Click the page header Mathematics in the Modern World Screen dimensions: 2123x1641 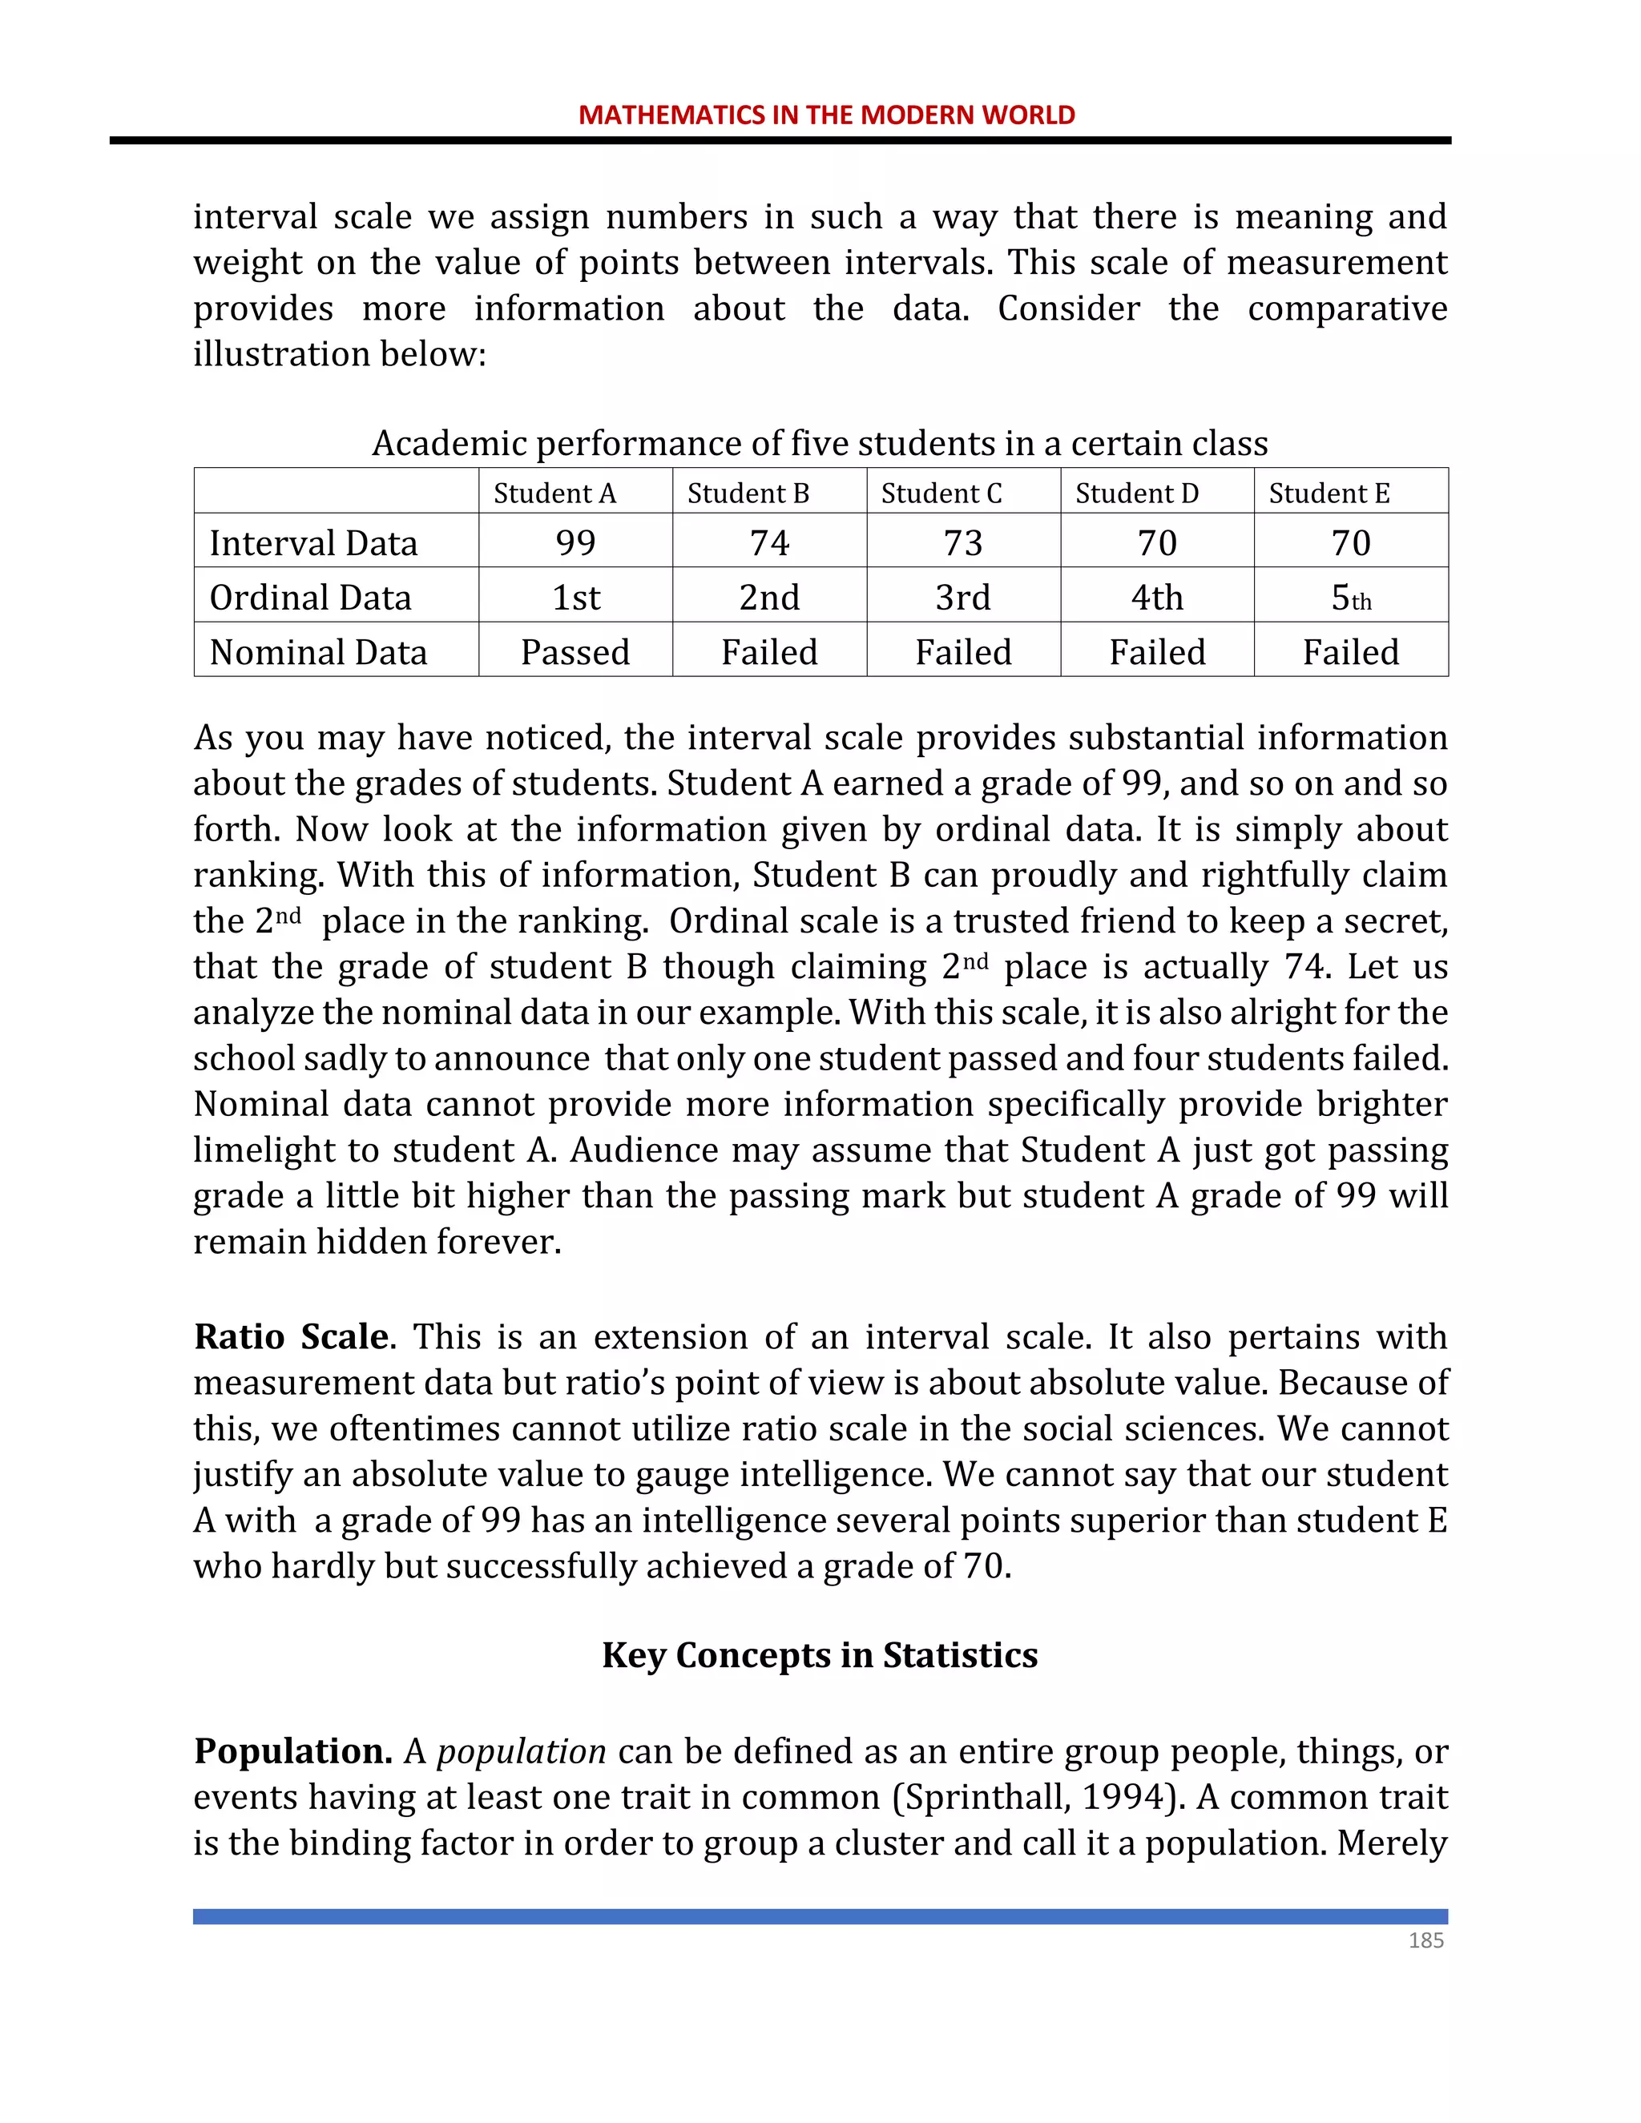[826, 115]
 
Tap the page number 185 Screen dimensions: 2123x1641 [1425, 1940]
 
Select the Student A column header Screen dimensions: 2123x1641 [554, 493]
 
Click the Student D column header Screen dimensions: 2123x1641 [1136, 493]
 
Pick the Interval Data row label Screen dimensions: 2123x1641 [313, 542]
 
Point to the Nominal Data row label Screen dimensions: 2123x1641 [318, 651]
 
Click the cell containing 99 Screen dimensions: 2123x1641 [575, 542]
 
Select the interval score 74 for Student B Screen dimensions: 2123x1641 [769, 542]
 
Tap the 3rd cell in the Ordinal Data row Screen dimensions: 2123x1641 [962, 597]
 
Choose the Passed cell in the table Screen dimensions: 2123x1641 [575, 651]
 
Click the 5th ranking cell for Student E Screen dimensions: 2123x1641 [1350, 597]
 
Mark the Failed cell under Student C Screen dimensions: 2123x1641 [962, 651]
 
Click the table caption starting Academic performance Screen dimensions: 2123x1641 [820, 443]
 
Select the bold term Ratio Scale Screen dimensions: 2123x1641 [292, 1336]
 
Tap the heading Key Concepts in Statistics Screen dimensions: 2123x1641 [820, 1654]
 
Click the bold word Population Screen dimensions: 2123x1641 [292, 1750]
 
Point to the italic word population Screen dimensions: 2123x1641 [521, 1751]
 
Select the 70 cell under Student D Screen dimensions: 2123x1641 [1157, 542]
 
